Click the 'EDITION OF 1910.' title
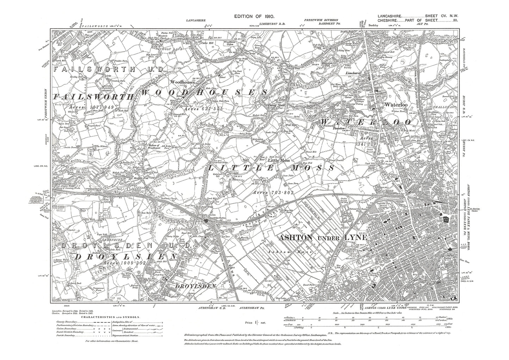255,17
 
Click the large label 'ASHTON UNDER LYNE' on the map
323,238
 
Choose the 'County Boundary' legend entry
67,322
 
